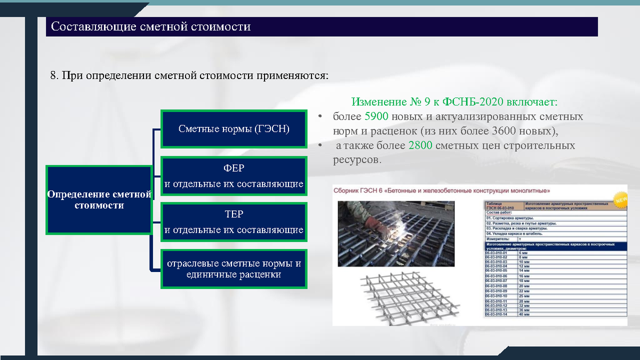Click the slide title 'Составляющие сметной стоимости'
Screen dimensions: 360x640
pyautogui.click(x=150, y=27)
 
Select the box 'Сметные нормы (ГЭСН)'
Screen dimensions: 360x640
pyautogui.click(x=234, y=129)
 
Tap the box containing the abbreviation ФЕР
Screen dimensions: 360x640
pyautogui.click(x=234, y=175)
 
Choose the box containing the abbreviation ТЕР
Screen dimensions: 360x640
pyautogui.click(x=234, y=222)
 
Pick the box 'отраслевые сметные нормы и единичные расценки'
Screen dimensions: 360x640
pyautogui.click(x=234, y=269)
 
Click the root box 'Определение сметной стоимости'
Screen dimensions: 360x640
pyautogui.click(x=99, y=199)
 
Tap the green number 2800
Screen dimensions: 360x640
pyautogui.click(x=421, y=145)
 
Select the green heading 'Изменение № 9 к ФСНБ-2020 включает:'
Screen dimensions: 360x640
pyautogui.click(x=454, y=102)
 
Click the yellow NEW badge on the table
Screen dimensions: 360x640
pyautogui.click(x=620, y=201)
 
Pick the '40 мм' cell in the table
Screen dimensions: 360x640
pyautogui.click(x=532, y=315)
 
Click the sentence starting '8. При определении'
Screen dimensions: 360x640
pyautogui.click(x=189, y=75)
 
